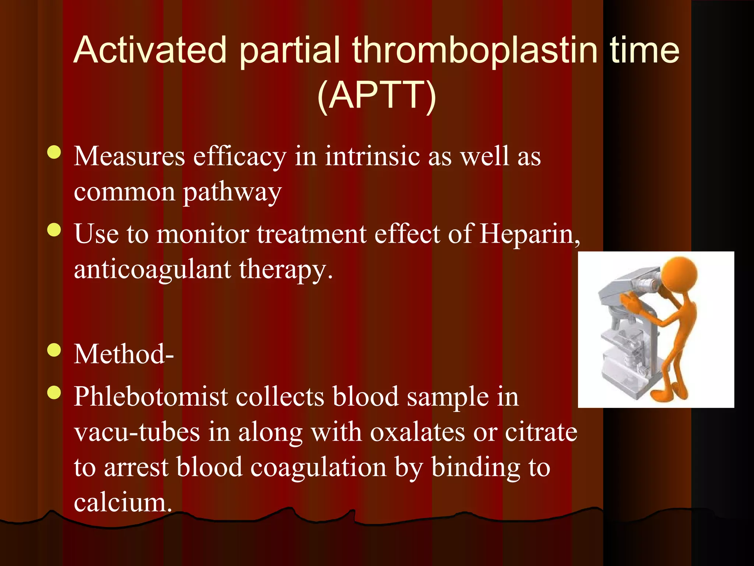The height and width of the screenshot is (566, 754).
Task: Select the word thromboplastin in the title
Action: point(475,50)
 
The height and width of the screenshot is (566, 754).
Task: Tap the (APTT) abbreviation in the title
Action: point(377,95)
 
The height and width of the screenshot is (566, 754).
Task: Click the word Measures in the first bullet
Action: point(129,156)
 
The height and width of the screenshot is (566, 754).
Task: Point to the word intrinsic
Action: point(372,156)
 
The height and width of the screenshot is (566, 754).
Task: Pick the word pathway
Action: point(232,192)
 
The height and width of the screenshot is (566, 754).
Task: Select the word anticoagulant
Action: point(152,269)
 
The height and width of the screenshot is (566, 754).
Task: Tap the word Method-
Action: point(124,354)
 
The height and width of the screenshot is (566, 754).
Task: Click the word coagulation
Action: point(318,467)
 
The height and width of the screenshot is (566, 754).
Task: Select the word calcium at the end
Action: point(123,502)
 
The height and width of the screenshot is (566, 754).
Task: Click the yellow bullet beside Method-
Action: point(54,350)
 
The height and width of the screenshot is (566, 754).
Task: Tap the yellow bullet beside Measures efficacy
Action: point(54,152)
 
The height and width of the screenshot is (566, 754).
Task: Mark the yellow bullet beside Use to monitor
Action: point(54,230)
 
